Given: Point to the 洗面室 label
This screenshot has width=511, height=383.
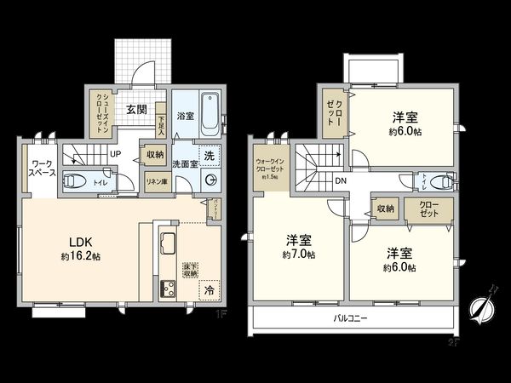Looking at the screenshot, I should (187, 163).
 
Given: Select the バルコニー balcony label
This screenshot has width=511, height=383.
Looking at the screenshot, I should (350, 321).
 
